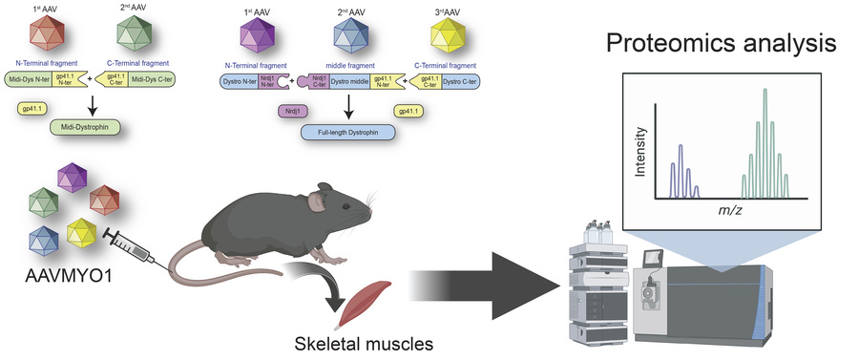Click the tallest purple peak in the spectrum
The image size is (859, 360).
(x=681, y=168)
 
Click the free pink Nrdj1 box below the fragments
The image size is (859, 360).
(x=291, y=111)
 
